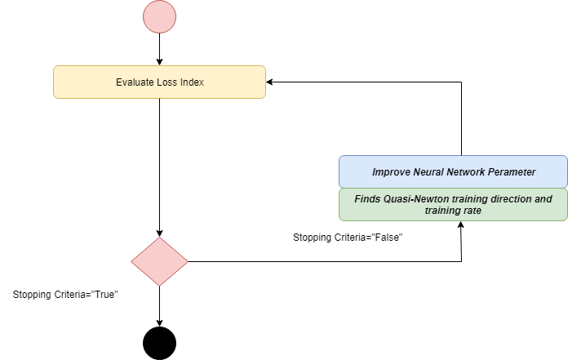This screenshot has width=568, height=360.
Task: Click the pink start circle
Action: click(159, 18)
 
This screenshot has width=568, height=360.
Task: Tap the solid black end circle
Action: click(159, 342)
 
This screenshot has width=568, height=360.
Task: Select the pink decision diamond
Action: click(159, 261)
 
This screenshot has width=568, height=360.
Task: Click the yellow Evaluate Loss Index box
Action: click(159, 82)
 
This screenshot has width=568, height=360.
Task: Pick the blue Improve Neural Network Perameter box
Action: click(453, 171)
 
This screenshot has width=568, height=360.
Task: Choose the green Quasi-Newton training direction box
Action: click(453, 204)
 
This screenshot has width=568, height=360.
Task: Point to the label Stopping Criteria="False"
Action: click(348, 238)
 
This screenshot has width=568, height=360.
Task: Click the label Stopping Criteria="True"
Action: click(66, 294)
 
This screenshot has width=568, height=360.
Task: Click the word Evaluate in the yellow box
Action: click(133, 82)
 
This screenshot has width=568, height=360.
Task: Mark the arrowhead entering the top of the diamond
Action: click(159, 233)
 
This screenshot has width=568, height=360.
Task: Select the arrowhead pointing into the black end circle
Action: click(159, 321)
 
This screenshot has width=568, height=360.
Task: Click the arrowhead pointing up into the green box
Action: click(461, 225)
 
